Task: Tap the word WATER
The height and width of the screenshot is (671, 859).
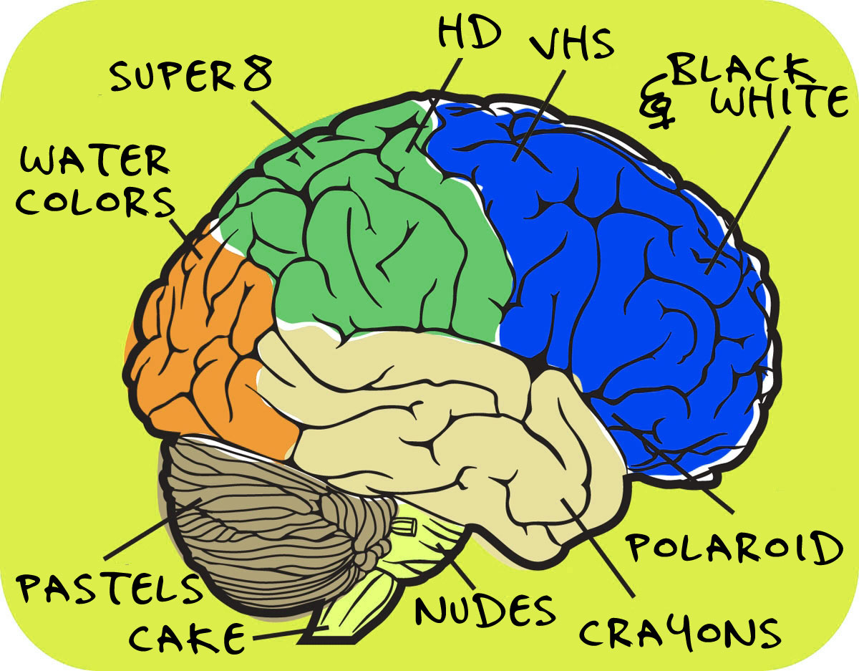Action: [x=95, y=161]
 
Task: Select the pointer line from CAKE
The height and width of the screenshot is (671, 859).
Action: [x=291, y=632]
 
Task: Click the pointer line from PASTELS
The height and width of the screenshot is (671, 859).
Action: [x=153, y=528]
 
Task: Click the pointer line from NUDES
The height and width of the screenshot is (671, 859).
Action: [x=456, y=566]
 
